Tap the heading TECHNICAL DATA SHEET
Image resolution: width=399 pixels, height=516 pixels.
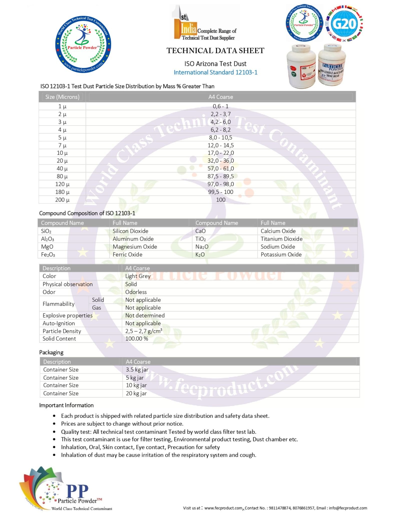coord(215,51)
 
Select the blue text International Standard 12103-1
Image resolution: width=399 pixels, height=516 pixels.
coord(215,72)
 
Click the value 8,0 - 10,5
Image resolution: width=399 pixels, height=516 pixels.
coord(221,138)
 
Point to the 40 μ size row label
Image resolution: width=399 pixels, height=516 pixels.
coord(62,169)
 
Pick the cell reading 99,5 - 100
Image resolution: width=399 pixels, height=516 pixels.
coord(221,192)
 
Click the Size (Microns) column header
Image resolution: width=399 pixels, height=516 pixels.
coord(62,97)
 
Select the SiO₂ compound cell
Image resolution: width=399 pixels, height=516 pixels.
coord(46,231)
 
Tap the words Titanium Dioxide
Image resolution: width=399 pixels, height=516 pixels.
coord(281,239)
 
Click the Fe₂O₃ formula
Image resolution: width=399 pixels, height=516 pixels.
coord(48,255)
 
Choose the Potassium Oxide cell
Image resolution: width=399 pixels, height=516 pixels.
coord(281,255)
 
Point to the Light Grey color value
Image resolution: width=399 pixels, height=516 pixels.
coord(138,276)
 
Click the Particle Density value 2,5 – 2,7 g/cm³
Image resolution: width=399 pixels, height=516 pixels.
coord(144,331)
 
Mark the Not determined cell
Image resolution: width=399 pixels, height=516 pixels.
coord(145,315)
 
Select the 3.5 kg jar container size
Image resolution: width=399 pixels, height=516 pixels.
coord(137,370)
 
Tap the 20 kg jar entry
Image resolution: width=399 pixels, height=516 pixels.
coord(136,393)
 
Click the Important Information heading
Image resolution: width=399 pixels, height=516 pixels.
coord(66,405)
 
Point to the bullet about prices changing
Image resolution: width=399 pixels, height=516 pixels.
coord(122,424)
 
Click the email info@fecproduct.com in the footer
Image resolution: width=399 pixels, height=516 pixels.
coord(348,508)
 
